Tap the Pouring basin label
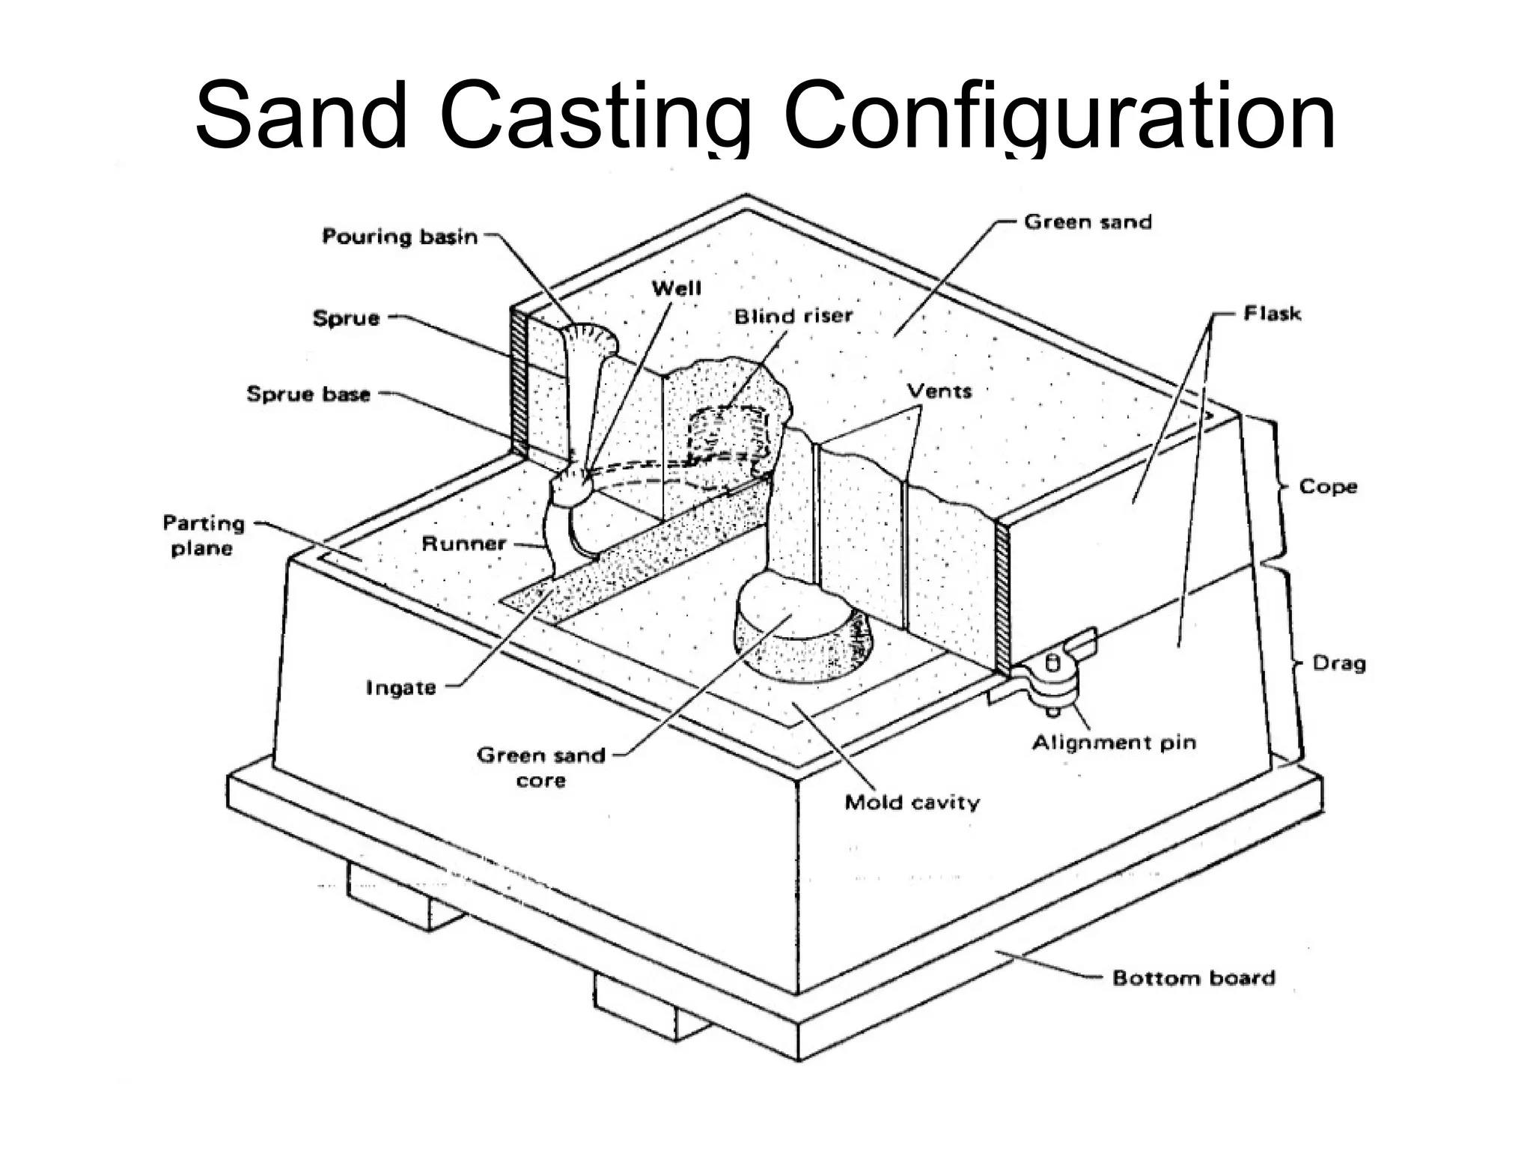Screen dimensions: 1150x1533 (x=400, y=237)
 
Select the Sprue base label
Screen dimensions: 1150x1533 (x=308, y=394)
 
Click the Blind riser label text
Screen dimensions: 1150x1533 (x=793, y=316)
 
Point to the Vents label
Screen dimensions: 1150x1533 (x=939, y=391)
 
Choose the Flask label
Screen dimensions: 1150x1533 (x=1272, y=313)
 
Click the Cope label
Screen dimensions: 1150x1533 (x=1328, y=486)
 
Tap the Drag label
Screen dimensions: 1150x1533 (x=1338, y=663)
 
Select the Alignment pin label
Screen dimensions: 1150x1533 (x=1114, y=743)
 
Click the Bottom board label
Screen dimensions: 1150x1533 (x=1193, y=978)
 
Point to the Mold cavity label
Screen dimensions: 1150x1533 (x=912, y=803)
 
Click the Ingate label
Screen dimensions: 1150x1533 (x=400, y=687)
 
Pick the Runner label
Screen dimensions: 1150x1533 (x=464, y=544)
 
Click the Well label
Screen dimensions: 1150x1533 (x=676, y=288)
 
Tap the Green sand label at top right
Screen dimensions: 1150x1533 (x=1087, y=222)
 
